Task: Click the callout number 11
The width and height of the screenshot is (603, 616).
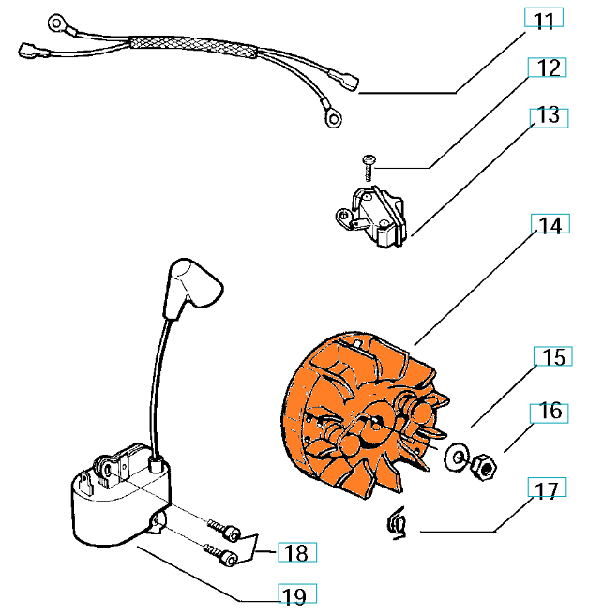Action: (x=543, y=20)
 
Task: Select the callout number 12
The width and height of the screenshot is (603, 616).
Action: (x=550, y=68)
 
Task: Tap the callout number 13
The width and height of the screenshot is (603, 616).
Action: (x=549, y=115)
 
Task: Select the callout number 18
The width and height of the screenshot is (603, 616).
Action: (x=295, y=552)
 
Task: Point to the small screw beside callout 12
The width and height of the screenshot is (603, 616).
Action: (x=368, y=167)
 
